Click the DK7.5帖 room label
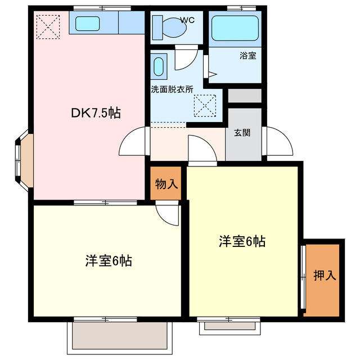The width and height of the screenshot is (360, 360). pos(95,112)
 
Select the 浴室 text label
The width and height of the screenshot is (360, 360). pos(247,56)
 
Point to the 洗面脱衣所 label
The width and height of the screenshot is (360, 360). pos(172,89)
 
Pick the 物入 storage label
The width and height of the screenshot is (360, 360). pos(166,183)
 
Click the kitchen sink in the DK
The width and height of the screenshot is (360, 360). pos(87,24)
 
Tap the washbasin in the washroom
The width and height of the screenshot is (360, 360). pos(159,66)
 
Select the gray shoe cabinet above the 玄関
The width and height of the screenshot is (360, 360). pos(245,96)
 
